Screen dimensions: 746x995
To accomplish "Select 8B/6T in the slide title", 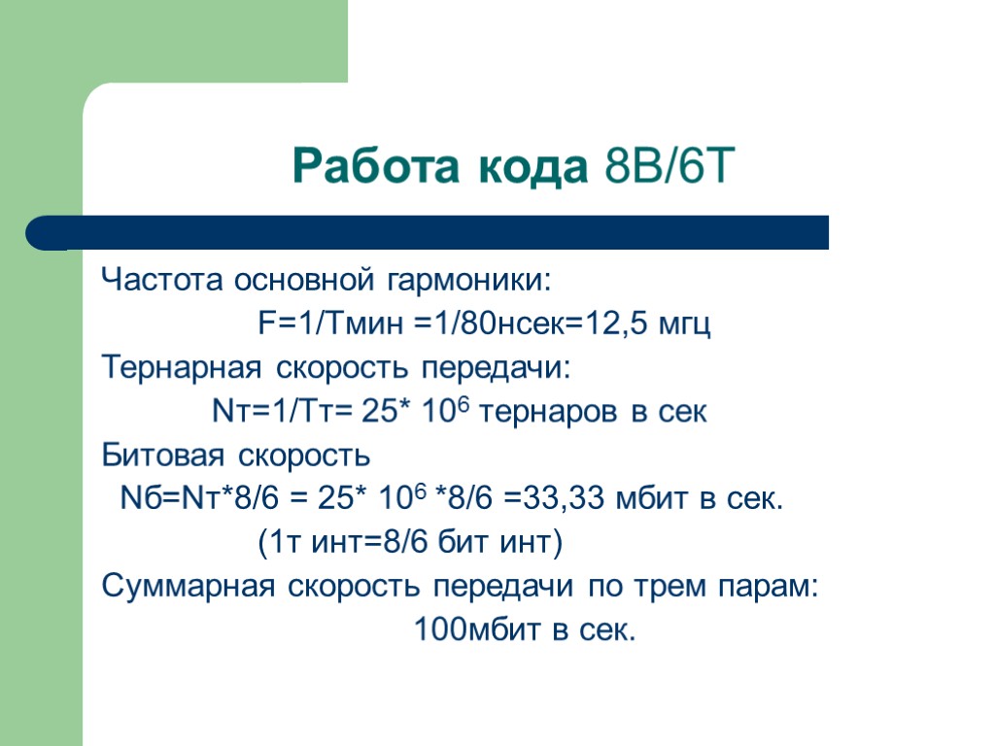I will click(666, 168).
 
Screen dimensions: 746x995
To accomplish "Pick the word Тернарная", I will click(182, 368).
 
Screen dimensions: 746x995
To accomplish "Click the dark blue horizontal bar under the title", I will click(428, 233).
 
